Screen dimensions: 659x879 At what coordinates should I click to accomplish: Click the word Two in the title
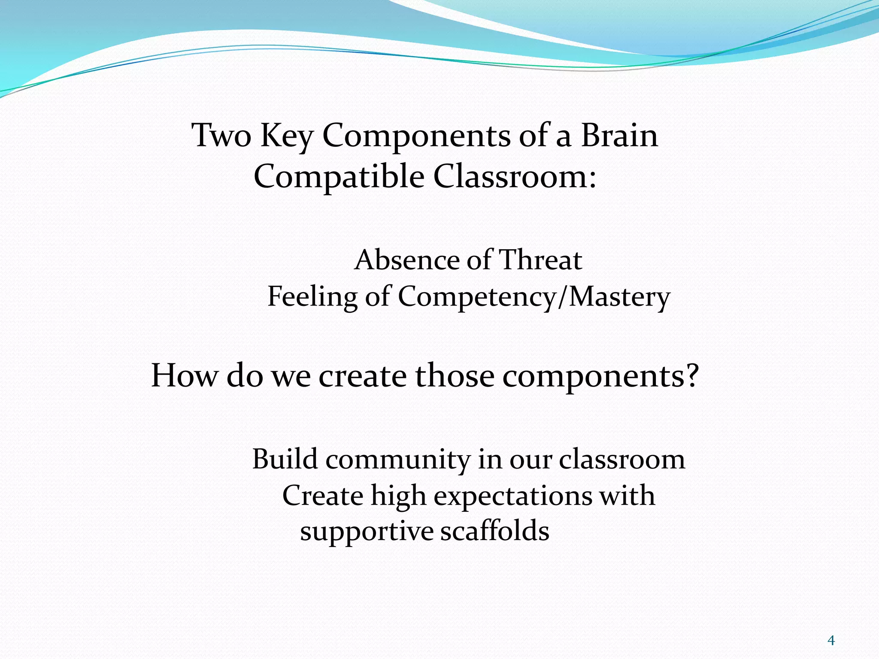[x=221, y=136]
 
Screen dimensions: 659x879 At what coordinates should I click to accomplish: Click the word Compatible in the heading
[x=339, y=177]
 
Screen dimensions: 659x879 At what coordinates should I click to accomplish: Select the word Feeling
[x=312, y=297]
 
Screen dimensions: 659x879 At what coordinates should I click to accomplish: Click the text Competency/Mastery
[x=534, y=297]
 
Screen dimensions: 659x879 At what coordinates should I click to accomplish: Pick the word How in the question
[x=185, y=375]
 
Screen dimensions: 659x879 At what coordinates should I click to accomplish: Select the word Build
[x=285, y=459]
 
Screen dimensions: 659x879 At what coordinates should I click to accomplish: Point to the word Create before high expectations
[x=323, y=496]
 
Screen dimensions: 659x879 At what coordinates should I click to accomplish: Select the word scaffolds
[x=495, y=531]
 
